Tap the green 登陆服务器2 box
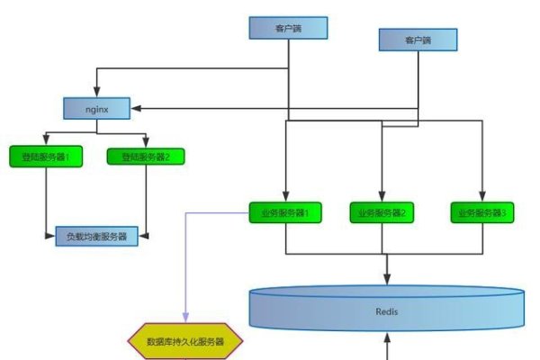pyautogui.click(x=145, y=157)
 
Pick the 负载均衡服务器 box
pyautogui.click(x=96, y=237)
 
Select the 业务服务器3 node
pyautogui.click(x=482, y=213)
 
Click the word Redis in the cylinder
pyautogui.click(x=387, y=310)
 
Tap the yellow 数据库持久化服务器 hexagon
pyautogui.click(x=186, y=342)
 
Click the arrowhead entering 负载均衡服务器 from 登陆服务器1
pyautogui.click(x=50, y=237)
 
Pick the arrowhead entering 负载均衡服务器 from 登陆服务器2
pyautogui.click(x=142, y=237)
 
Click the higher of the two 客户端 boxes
pyautogui.click(x=288, y=29)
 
